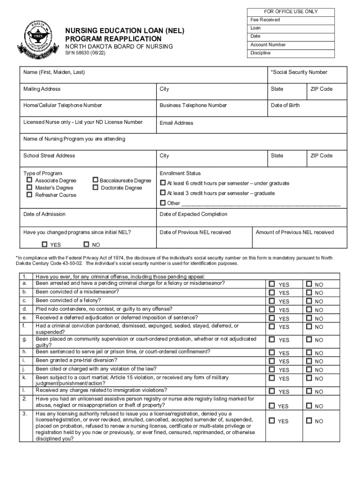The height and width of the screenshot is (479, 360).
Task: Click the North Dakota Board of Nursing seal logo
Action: (x=36, y=41)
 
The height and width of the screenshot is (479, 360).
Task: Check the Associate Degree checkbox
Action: (x=29, y=180)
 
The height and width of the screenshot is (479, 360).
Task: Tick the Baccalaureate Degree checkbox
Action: (x=95, y=180)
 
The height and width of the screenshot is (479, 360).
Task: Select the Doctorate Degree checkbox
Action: (x=95, y=188)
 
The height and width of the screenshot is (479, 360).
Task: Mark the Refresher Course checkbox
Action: (x=29, y=195)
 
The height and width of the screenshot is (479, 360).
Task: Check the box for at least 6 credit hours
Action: (x=163, y=183)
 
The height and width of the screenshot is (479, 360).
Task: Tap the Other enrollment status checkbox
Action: (x=163, y=203)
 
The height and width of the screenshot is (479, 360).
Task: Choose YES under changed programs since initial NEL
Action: (x=44, y=244)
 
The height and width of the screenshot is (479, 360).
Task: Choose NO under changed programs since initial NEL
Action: (x=86, y=244)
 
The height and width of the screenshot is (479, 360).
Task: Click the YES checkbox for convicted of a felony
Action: (x=272, y=301)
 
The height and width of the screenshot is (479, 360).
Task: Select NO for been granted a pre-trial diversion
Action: (x=309, y=361)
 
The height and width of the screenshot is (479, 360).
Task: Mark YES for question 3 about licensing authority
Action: (x=272, y=421)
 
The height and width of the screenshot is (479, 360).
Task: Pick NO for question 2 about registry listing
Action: (x=309, y=406)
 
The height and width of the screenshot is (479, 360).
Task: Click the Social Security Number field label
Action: (x=299, y=72)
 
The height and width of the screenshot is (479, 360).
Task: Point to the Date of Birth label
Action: (x=285, y=105)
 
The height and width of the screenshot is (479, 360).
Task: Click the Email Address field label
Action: (x=176, y=123)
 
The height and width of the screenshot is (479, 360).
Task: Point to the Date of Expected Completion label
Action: (x=193, y=214)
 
